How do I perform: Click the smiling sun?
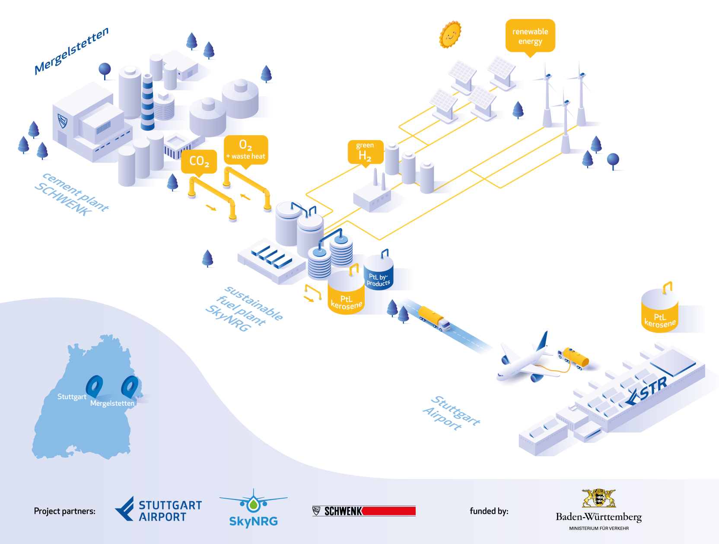[x=450, y=34]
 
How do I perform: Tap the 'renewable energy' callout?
[x=530, y=36]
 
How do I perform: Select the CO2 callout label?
[x=199, y=161]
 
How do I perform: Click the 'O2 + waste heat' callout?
[x=246, y=150]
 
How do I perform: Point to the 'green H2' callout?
[x=366, y=152]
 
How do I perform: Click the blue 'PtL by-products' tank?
[x=379, y=274]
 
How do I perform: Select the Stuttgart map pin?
[x=94, y=385]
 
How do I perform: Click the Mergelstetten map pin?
[x=130, y=385]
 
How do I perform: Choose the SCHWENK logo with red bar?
[x=364, y=511]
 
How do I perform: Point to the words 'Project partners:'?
[x=65, y=511]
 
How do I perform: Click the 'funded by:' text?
[x=489, y=511]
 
